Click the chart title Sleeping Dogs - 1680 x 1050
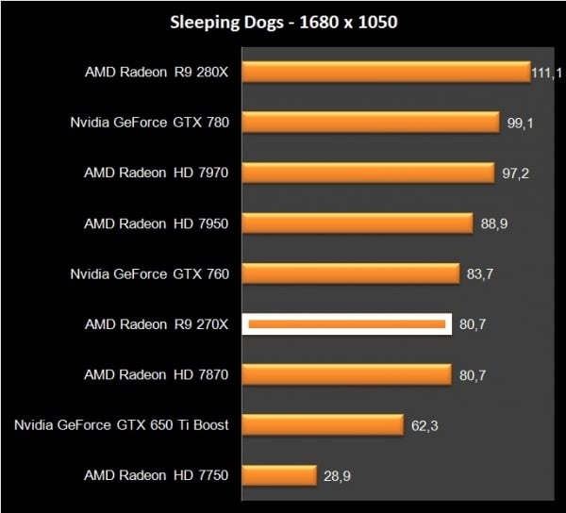click(x=283, y=23)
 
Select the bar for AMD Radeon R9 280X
click(x=387, y=72)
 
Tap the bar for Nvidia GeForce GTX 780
click(x=371, y=122)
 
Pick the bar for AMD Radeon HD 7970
click(x=369, y=173)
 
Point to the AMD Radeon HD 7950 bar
click(x=358, y=223)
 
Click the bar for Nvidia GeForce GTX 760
click(x=351, y=273)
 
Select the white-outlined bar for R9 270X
click(x=346, y=324)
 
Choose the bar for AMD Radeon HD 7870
click(x=346, y=374)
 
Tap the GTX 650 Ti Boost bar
click(x=324, y=425)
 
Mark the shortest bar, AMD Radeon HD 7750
click(x=279, y=475)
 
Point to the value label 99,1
click(x=520, y=124)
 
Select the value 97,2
click(x=515, y=174)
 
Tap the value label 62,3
click(x=425, y=426)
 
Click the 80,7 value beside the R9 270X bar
click(x=474, y=324)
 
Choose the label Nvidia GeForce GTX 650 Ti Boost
click(x=122, y=425)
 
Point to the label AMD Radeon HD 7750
click(x=157, y=475)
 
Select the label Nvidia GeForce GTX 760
click(x=150, y=273)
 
